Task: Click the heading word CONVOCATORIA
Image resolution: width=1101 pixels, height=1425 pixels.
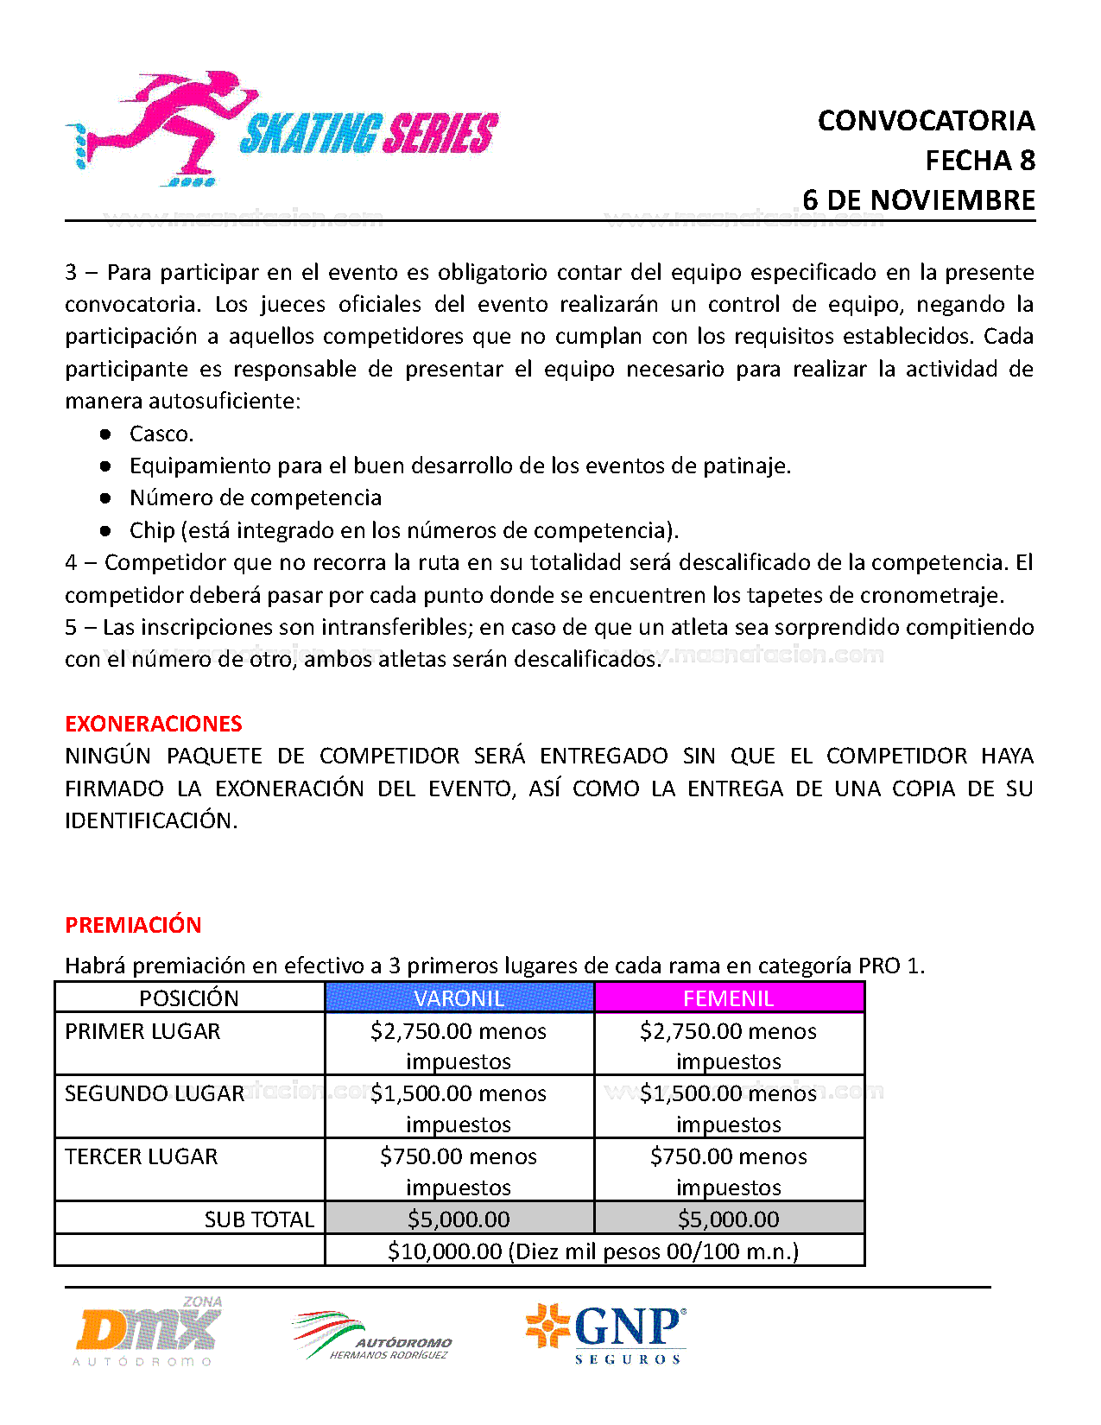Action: (x=926, y=121)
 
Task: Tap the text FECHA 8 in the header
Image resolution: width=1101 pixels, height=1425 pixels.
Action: (x=979, y=161)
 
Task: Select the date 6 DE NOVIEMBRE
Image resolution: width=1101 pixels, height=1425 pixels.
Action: (x=918, y=200)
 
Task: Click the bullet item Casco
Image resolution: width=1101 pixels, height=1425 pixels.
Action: (x=161, y=434)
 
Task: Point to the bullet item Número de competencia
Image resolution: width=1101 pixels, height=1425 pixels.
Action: (x=255, y=497)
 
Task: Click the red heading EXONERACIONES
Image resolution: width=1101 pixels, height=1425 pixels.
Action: (x=154, y=724)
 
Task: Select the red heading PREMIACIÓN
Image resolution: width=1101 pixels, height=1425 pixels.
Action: (x=133, y=925)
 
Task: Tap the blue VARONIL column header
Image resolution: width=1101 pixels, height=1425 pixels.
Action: (x=459, y=998)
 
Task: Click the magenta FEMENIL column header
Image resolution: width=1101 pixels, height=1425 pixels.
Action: (x=728, y=998)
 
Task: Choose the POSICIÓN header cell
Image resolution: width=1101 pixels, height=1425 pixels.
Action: (x=189, y=998)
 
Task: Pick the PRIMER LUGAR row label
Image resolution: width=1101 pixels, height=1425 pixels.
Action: (x=142, y=1031)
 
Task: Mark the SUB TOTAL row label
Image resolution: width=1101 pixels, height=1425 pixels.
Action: (x=259, y=1219)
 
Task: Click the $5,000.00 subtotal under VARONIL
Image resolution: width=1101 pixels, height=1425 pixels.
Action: (x=459, y=1219)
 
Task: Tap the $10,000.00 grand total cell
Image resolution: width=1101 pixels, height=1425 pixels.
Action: (x=593, y=1251)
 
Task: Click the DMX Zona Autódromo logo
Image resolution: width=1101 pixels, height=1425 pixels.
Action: (x=148, y=1332)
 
